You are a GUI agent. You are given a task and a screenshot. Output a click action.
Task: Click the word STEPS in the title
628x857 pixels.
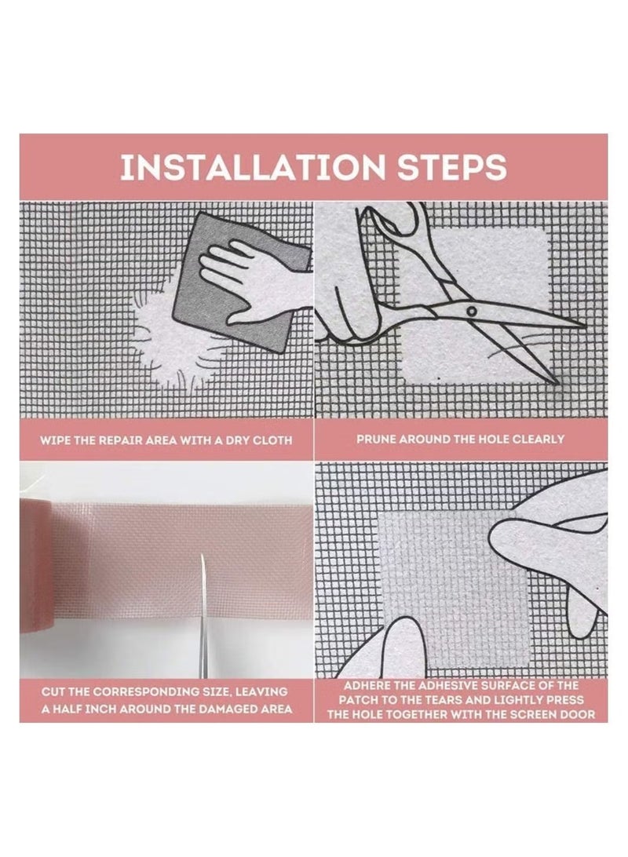(x=446, y=167)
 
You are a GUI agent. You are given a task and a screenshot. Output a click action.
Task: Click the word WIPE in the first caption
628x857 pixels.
(x=58, y=440)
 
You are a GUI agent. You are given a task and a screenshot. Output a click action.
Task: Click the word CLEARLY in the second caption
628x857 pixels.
(x=533, y=439)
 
